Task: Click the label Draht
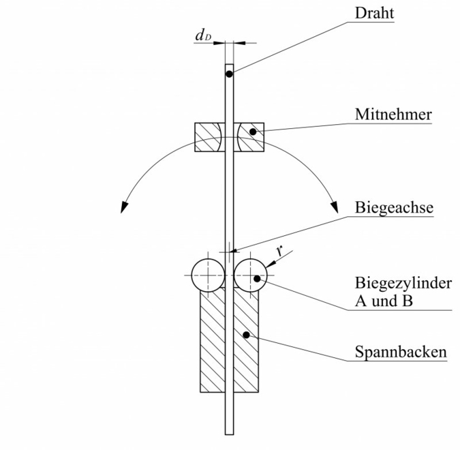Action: coord(374,13)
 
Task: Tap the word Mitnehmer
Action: coord(393,114)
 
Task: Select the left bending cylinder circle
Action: coord(209,275)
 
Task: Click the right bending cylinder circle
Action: coord(251,275)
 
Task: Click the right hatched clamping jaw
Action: coord(246,341)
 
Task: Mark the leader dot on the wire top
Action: coord(230,73)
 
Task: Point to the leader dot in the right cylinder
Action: coord(256,278)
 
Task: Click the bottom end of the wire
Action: coord(230,433)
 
